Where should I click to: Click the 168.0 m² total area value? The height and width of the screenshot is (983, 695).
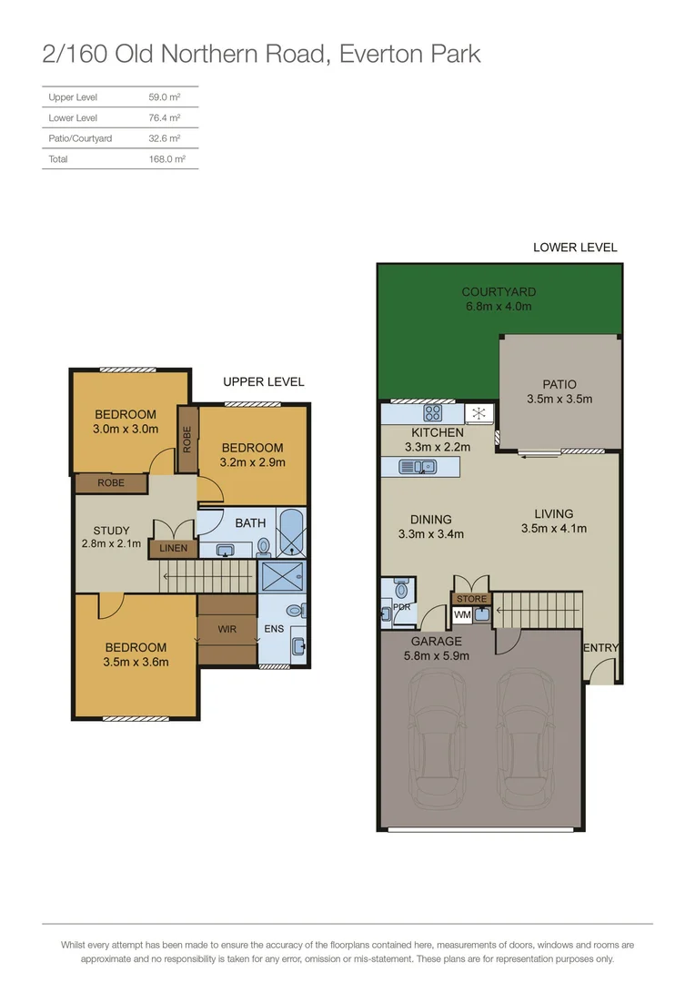click(x=166, y=159)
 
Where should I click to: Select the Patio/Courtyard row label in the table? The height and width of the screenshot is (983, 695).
click(x=80, y=138)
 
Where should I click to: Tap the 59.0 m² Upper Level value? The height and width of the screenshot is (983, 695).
click(x=164, y=97)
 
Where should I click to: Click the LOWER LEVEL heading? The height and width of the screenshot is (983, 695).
click(x=574, y=248)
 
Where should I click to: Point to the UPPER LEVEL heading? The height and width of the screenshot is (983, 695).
click(x=264, y=382)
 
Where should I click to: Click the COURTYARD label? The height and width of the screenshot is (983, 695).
click(x=499, y=292)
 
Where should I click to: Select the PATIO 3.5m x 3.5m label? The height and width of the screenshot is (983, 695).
click(x=559, y=391)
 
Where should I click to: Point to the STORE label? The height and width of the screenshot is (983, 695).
click(x=471, y=599)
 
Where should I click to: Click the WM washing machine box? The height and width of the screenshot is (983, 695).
click(x=462, y=615)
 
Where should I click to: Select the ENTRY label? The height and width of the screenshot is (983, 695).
click(x=600, y=648)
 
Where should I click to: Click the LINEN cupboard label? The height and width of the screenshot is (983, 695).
click(x=173, y=549)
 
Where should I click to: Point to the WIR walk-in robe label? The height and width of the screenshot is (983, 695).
click(x=227, y=628)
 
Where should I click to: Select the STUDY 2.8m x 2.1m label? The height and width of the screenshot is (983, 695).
click(x=111, y=537)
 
